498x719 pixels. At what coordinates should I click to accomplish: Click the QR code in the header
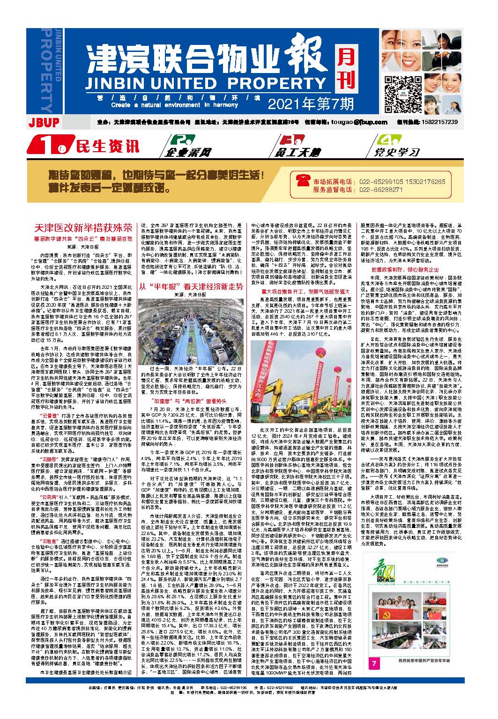pos(400,92)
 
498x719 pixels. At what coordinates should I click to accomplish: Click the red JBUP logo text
pos(43,123)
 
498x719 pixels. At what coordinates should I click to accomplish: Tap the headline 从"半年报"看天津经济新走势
pos(192,286)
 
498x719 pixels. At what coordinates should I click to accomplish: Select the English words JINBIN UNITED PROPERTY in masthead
pos(208,83)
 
